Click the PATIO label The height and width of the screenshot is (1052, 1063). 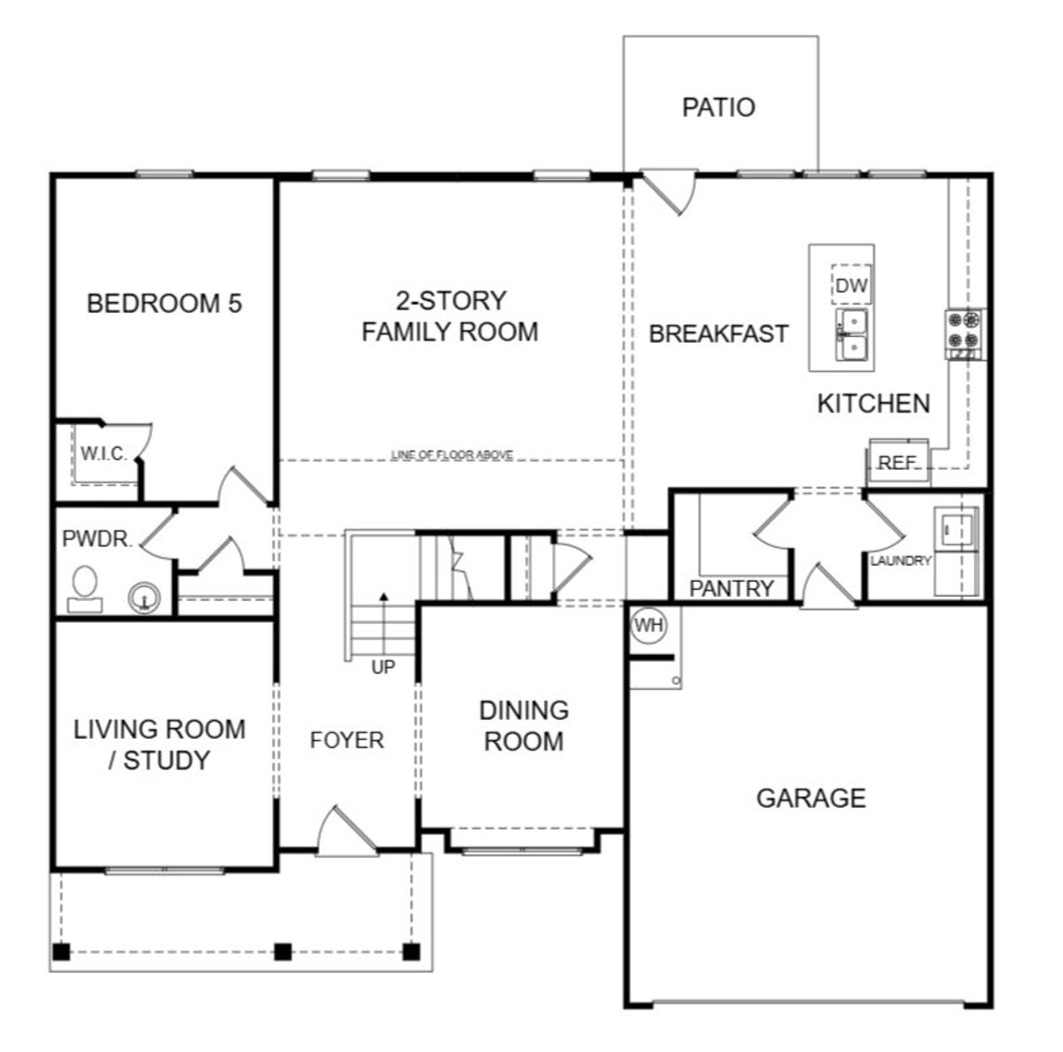[718, 108]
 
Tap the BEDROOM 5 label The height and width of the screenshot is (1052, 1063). [164, 303]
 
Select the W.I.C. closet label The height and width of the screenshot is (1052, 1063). [104, 453]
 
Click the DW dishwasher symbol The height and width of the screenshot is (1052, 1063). [851, 286]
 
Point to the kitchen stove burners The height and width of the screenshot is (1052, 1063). [963, 330]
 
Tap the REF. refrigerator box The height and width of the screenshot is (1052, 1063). [897, 462]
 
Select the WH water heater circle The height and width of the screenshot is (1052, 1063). [649, 625]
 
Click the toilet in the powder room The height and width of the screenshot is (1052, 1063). [85, 586]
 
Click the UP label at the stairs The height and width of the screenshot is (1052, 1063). [383, 667]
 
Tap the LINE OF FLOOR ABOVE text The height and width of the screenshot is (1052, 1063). [452, 455]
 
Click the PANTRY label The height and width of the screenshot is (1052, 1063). [732, 589]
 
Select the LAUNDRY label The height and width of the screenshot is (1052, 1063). [900, 561]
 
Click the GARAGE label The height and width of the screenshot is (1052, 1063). [811, 798]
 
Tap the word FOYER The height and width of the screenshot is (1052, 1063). [347, 740]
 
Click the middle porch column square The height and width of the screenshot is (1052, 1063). [283, 952]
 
